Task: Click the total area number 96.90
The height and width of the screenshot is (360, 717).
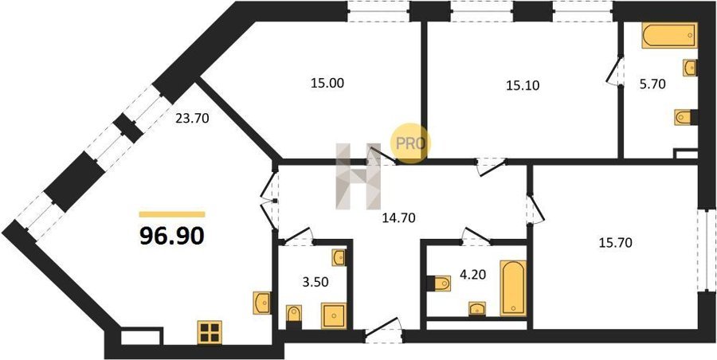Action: tap(171, 236)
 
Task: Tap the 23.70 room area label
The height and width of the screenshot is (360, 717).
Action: tap(192, 119)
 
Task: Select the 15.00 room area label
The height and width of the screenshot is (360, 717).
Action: tap(327, 83)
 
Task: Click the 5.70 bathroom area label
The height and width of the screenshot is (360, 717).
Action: tap(652, 84)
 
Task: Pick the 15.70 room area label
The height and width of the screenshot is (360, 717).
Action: tap(616, 243)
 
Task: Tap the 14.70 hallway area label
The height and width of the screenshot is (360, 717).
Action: tap(398, 218)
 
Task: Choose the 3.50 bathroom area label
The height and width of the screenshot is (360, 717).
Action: tap(317, 281)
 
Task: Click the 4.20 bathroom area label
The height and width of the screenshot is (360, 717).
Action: tap(472, 275)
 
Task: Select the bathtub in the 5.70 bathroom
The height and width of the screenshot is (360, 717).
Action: tap(669, 35)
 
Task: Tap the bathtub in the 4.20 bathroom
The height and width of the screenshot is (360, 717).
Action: tap(513, 288)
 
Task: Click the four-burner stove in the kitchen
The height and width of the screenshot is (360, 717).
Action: tap(210, 333)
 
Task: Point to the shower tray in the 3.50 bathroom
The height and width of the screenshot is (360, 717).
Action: tap(334, 315)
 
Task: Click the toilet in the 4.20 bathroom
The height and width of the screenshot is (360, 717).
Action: tap(440, 284)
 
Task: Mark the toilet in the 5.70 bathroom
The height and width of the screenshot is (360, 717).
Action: tap(685, 117)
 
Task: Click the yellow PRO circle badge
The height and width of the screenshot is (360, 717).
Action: tap(410, 143)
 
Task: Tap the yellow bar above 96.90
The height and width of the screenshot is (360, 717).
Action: tap(172, 214)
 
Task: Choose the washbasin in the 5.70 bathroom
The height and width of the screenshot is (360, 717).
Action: tap(691, 68)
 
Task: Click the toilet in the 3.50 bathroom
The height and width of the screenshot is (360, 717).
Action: tap(294, 316)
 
